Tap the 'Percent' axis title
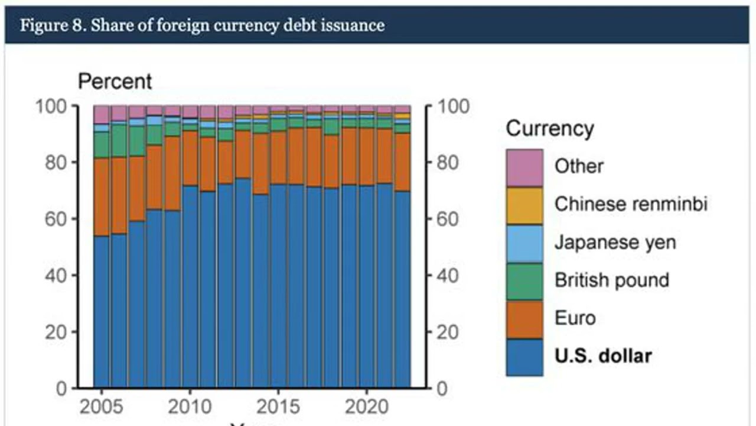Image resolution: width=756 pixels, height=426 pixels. (x=115, y=82)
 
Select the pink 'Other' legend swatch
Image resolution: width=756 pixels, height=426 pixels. (x=524, y=167)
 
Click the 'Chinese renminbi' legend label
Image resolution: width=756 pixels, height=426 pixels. (x=631, y=204)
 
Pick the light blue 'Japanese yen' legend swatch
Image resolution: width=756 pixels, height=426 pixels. (x=524, y=243)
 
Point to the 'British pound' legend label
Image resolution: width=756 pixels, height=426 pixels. (x=611, y=280)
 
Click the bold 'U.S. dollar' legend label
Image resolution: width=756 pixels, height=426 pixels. (x=603, y=356)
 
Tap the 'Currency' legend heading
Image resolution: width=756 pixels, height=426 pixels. (x=550, y=128)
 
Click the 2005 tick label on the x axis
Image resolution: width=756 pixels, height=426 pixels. (x=102, y=408)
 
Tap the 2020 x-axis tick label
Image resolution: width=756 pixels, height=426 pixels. (x=367, y=408)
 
